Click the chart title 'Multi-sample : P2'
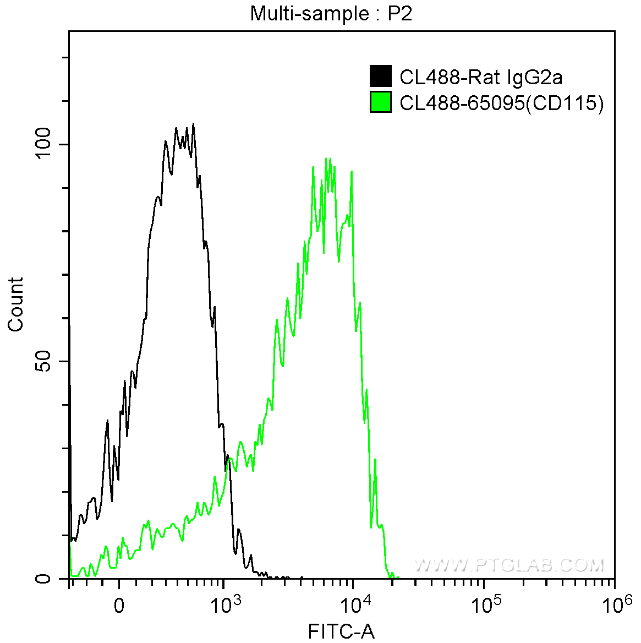point(331,14)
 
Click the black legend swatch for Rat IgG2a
point(381,77)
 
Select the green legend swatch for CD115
point(381,102)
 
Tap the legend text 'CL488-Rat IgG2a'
point(481,77)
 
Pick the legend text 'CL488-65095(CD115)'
point(501,103)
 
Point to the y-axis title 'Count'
point(16,304)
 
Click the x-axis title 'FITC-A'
point(341,631)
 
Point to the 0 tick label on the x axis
point(119,606)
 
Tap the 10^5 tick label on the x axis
point(484,605)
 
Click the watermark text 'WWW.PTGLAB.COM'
point(509,565)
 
